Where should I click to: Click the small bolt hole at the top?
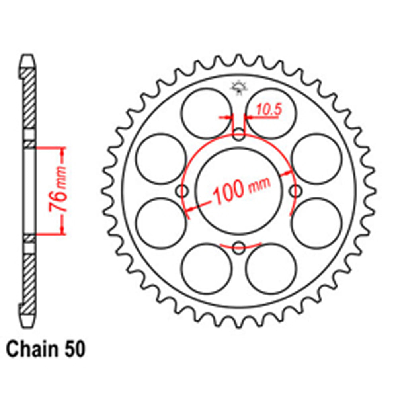click(x=239, y=135)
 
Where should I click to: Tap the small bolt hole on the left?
click(x=183, y=191)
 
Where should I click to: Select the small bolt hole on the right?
click(x=295, y=191)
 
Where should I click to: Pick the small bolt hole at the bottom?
click(x=239, y=248)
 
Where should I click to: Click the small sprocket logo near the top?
click(x=239, y=88)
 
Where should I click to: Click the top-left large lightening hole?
click(x=207, y=113)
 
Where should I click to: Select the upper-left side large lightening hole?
click(x=161, y=159)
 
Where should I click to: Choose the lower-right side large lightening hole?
click(x=317, y=224)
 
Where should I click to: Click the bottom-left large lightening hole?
click(x=207, y=269)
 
